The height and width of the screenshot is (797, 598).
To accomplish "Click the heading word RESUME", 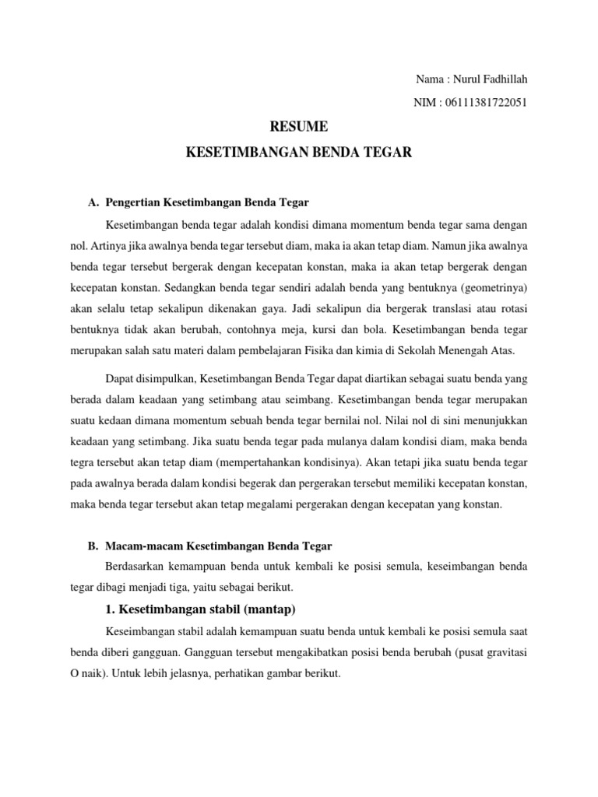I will tap(299, 126).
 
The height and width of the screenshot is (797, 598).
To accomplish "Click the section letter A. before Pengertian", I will tap(93, 202).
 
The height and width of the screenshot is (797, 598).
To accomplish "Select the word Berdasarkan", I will tap(135, 565).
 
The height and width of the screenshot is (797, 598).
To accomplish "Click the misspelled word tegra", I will tap(83, 462).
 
